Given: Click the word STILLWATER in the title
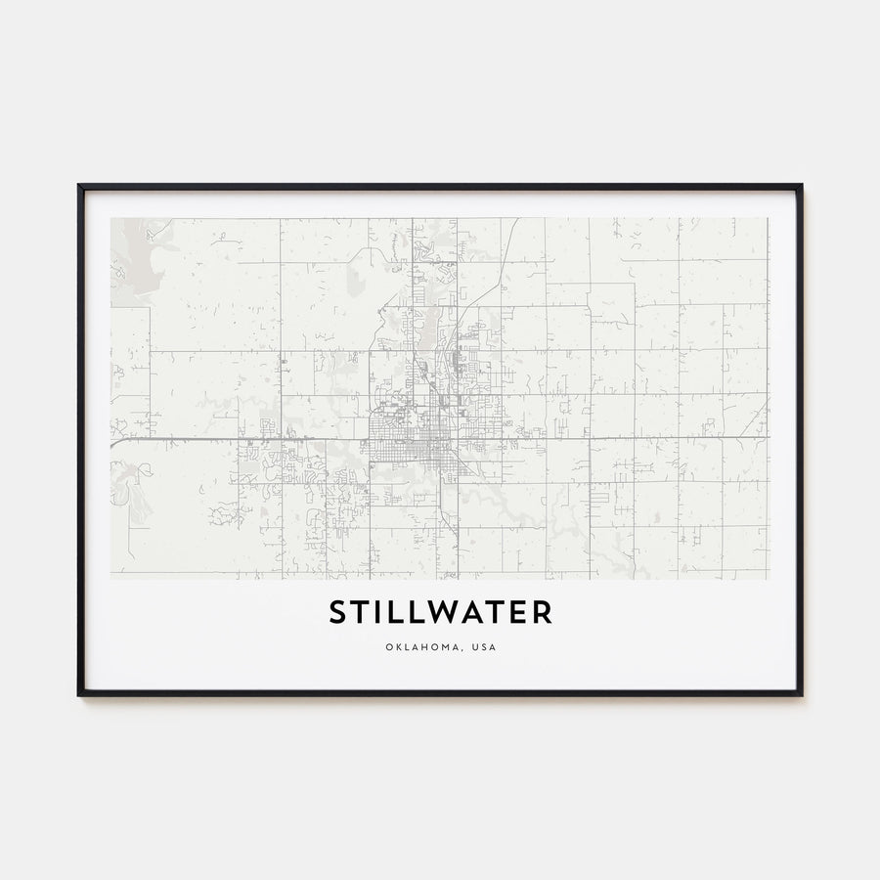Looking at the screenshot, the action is [440, 613].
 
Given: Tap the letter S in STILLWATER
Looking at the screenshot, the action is [336, 613].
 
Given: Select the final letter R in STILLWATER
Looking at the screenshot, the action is [543, 613].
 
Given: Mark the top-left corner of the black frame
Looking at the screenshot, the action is [80, 186].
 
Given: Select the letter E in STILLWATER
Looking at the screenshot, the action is [519, 613].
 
